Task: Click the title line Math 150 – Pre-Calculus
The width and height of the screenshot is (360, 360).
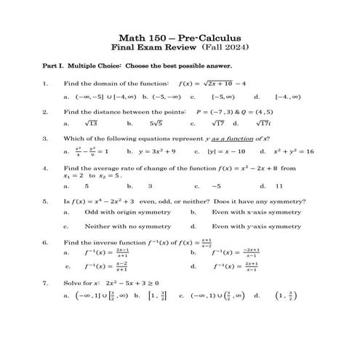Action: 179,37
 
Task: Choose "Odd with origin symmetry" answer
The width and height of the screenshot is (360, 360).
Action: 120,212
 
